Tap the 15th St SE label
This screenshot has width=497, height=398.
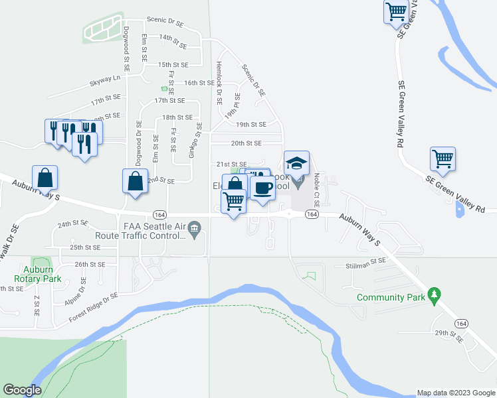(173, 65)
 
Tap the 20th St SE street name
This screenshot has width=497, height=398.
(246, 143)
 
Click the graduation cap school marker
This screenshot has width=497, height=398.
(297, 162)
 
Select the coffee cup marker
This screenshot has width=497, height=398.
(262, 186)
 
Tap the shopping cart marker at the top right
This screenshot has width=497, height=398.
(396, 11)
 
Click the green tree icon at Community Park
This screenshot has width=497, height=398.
(435, 293)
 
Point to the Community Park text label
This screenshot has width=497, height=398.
(391, 298)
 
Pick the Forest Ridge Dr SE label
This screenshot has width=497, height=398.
(93, 309)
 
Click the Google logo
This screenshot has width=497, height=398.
(22, 390)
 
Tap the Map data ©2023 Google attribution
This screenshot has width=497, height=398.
(456, 393)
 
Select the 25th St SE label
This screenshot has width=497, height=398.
(85, 247)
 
